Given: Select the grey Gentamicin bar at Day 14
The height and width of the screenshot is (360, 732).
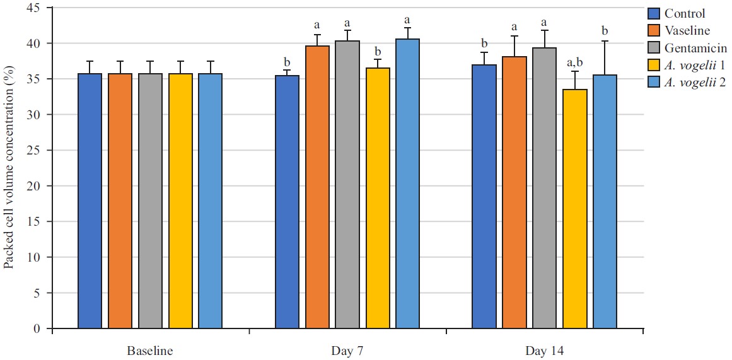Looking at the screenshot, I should (x=545, y=189).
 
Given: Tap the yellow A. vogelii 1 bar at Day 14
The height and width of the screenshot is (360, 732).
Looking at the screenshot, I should (x=575, y=209).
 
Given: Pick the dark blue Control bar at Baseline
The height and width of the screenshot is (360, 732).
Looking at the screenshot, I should (x=90, y=201).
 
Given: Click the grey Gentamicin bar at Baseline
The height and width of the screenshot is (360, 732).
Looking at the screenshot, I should (x=151, y=201).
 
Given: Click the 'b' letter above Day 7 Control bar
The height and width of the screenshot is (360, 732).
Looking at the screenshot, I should (x=287, y=62).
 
